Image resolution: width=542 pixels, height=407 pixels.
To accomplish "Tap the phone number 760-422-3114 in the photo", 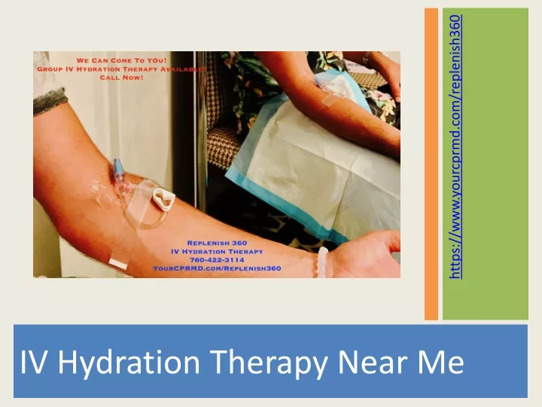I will tap(217, 259).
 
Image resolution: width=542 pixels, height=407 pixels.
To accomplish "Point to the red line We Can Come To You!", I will tap(111, 60).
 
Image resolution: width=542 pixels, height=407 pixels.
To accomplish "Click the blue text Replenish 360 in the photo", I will tap(217, 243).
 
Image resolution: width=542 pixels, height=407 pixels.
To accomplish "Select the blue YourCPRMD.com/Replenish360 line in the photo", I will tap(217, 268).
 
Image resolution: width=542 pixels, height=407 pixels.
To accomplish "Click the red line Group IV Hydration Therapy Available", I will tap(111, 69).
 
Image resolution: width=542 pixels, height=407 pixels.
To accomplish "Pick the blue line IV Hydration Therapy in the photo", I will tap(217, 251).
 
